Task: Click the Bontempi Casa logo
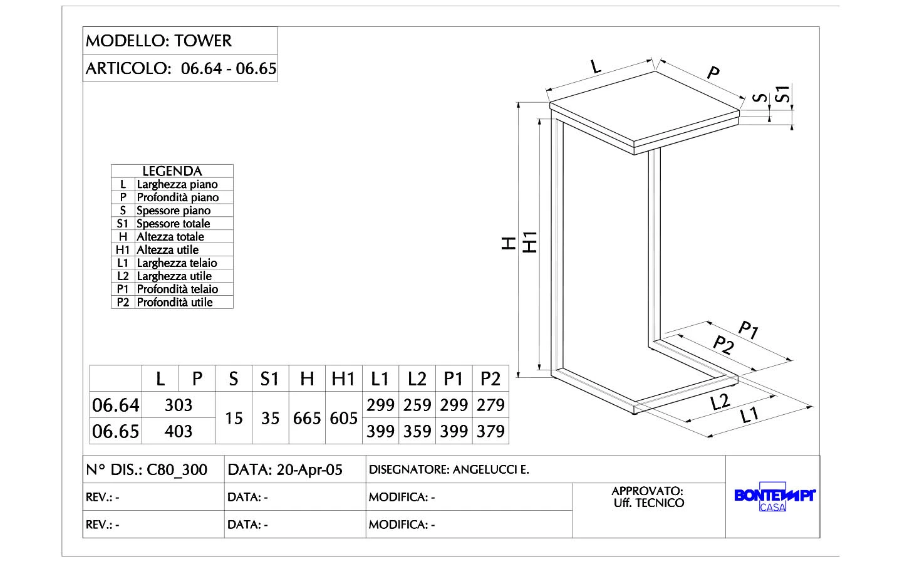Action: pos(774,499)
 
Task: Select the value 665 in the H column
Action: pos(307,418)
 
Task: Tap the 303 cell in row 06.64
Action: pos(179,405)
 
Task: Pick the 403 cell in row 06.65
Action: pos(179,431)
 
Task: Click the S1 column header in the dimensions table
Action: pos(269,379)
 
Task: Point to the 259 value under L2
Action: pos(417,405)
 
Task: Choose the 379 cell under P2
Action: pos(490,431)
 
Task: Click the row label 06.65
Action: pos(116,431)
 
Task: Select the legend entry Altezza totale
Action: pos(170,236)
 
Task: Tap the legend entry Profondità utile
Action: pos(175,302)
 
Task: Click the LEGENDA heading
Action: pos(172,171)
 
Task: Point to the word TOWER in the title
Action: pos(203,41)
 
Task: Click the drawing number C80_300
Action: pos(177,469)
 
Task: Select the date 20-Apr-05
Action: pos(309,469)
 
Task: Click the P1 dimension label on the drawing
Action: pos(749,330)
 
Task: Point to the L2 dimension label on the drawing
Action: pos(721,402)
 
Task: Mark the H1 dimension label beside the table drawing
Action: pos(531,243)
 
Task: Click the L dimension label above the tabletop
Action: pos(596,65)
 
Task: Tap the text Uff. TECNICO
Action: pos(648,503)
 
